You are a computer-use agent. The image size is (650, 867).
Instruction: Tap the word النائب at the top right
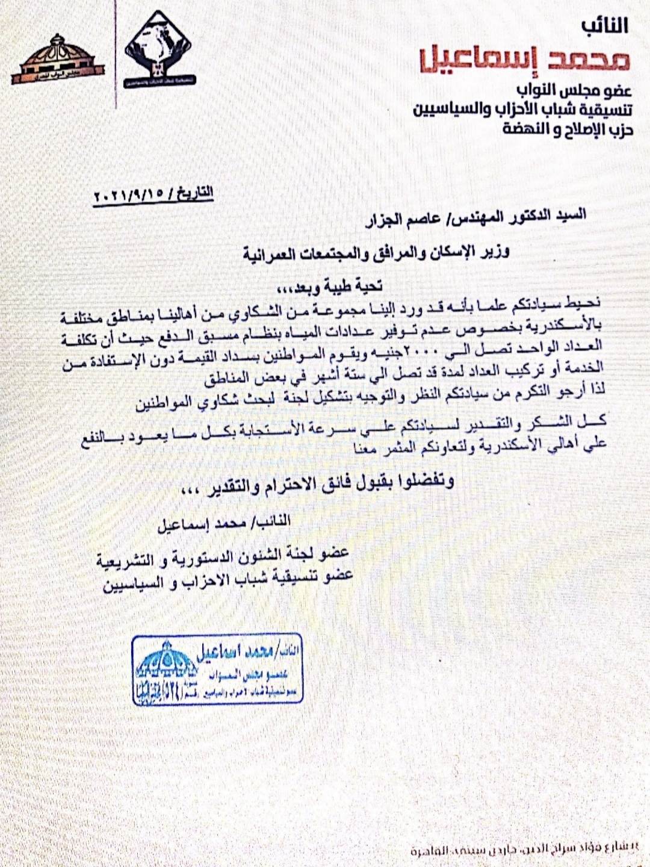(x=604, y=26)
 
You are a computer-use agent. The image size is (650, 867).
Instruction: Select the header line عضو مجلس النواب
(x=580, y=91)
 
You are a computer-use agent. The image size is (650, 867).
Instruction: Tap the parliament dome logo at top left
(x=57, y=59)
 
